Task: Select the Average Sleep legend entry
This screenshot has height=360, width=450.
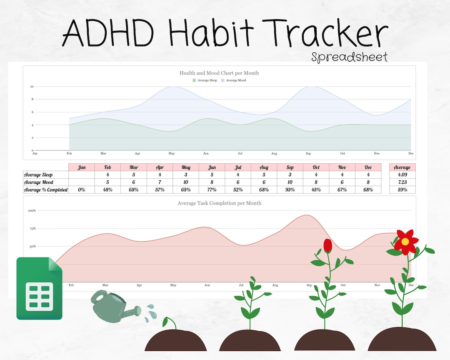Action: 205,80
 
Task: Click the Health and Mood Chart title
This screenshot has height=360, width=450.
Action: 219,73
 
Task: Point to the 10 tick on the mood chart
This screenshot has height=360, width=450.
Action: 32,87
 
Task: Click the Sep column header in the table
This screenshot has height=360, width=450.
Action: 290,167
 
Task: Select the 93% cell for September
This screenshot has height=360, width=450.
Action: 290,190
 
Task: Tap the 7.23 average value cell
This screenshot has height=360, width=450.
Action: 402,182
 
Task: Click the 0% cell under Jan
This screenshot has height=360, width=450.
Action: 82,190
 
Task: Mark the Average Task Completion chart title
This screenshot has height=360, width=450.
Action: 219,203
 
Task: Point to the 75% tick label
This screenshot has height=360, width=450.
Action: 32,228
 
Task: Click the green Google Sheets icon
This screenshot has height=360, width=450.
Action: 39,288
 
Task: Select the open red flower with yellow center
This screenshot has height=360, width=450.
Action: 405,241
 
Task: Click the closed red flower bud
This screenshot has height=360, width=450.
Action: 328,245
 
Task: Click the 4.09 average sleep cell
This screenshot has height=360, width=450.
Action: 402,175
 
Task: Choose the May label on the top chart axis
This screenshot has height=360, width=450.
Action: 171,154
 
